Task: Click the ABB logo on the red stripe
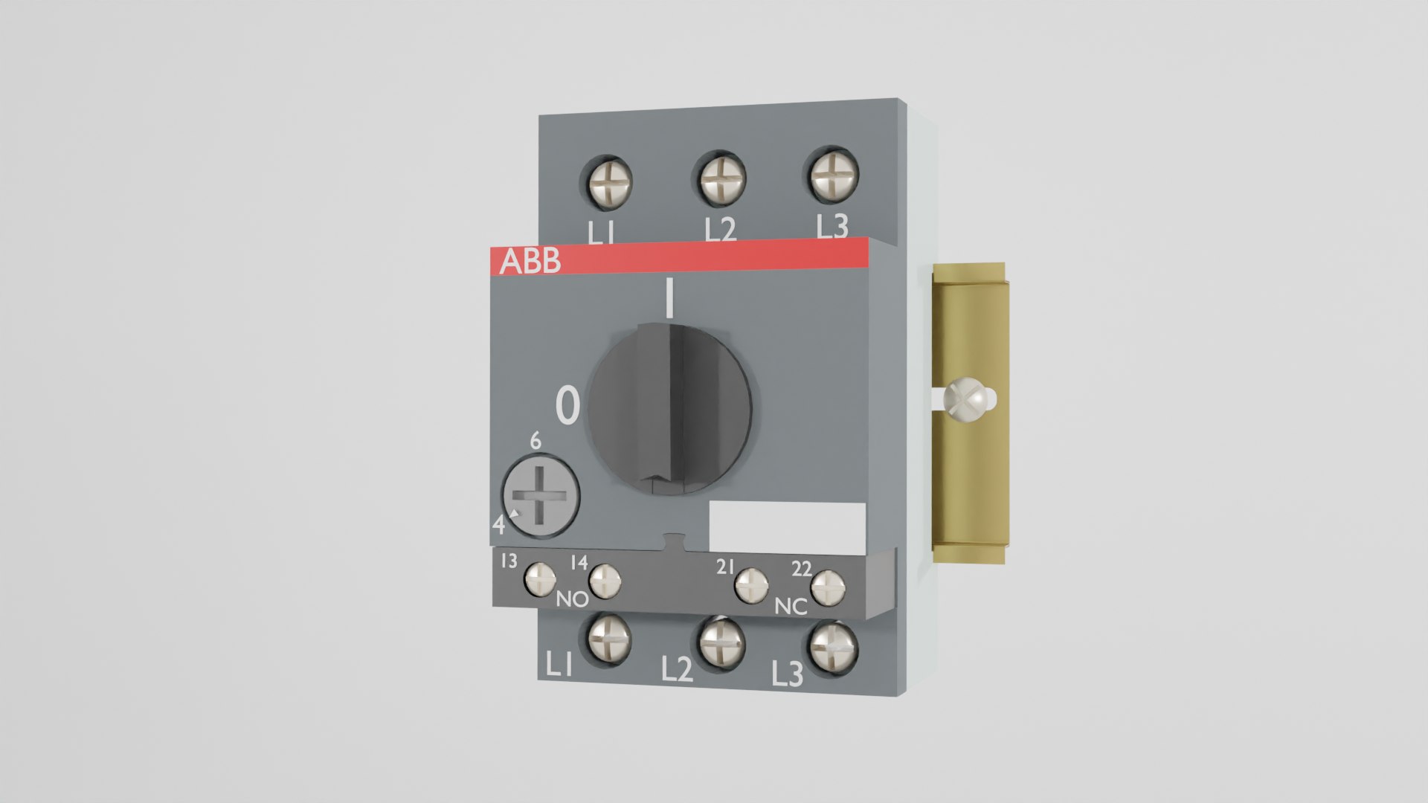(530, 262)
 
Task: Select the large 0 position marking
(567, 406)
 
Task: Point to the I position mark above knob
(669, 298)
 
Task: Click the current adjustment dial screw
(541, 497)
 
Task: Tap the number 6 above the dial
(535, 441)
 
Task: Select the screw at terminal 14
(605, 581)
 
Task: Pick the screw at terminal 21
(751, 586)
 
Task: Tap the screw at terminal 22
(827, 589)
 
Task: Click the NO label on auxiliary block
(572, 599)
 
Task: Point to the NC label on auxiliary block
(791, 607)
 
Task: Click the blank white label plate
(787, 526)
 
